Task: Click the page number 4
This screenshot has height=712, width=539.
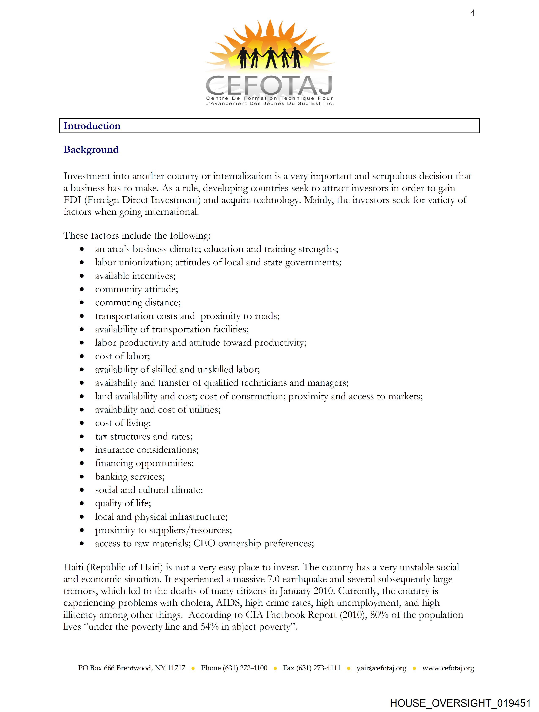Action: pos(472,13)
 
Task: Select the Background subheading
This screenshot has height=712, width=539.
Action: pos(91,150)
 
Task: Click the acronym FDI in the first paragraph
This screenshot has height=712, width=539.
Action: pos(73,200)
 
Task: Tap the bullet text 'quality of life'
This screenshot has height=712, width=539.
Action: pos(123,503)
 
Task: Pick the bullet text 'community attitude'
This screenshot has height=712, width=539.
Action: pos(137,289)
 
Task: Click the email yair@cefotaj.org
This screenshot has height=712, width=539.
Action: pos(381,668)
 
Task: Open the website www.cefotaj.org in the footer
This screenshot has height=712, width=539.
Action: pos(448,668)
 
